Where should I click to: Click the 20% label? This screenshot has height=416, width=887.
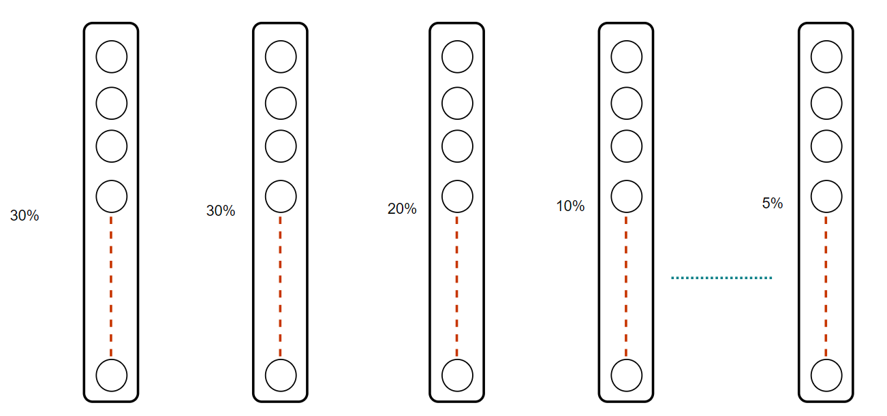402,209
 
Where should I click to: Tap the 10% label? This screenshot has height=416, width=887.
570,206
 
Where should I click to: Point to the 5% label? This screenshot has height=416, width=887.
773,203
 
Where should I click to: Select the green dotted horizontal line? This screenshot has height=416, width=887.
721,278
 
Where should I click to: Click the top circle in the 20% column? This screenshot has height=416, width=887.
457,57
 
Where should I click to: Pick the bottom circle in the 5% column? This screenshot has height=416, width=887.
826,374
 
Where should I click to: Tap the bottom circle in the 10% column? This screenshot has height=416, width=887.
626,374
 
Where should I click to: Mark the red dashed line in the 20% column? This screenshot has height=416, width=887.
457,286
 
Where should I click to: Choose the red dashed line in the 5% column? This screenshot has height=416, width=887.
826,286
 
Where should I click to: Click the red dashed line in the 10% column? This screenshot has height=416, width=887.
626,286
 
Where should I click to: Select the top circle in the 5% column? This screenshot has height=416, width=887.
826,57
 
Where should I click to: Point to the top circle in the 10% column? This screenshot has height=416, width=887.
626,57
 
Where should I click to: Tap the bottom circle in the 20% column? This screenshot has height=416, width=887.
457,374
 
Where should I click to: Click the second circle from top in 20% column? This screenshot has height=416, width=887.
457,103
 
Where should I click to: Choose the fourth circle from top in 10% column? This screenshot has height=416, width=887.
626,196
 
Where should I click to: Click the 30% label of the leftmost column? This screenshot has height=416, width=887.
25,216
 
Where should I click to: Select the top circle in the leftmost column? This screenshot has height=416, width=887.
111,57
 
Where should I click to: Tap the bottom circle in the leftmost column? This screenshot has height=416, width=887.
111,374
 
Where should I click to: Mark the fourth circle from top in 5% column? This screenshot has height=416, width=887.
826,196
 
